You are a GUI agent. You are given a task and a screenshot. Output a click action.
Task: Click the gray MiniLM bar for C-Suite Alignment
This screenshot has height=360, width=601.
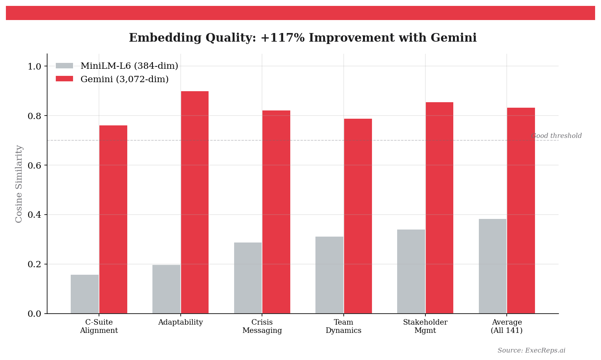point(84,294)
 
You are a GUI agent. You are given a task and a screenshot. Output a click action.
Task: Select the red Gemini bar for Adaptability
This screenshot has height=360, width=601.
point(194,202)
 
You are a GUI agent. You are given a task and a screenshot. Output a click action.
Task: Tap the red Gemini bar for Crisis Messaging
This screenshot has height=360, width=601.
point(276,212)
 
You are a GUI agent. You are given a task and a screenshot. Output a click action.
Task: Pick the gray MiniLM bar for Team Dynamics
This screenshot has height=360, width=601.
point(329,275)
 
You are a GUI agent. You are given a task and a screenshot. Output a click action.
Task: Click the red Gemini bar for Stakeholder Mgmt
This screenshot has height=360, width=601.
point(439,208)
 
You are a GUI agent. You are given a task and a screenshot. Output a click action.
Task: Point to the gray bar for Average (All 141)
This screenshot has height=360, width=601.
point(493,266)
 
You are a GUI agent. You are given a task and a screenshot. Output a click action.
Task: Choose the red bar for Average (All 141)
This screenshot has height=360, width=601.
point(521,211)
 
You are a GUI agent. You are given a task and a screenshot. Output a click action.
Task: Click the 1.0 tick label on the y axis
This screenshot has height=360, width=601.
point(34,66)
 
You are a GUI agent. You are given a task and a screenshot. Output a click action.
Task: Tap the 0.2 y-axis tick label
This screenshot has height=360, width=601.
point(34,264)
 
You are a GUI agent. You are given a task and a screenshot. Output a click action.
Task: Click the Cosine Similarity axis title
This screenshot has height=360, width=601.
point(19,184)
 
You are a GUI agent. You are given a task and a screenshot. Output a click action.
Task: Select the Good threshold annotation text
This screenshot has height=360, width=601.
point(556,136)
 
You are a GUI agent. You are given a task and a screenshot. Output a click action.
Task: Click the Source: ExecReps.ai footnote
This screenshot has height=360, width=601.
point(531,351)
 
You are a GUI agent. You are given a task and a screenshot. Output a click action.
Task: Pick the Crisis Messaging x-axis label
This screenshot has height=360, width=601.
point(262,327)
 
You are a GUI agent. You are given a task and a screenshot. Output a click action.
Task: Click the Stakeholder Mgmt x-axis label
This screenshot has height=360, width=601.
point(425,327)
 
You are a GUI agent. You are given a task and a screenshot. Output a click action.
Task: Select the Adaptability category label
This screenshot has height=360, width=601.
point(180,323)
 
